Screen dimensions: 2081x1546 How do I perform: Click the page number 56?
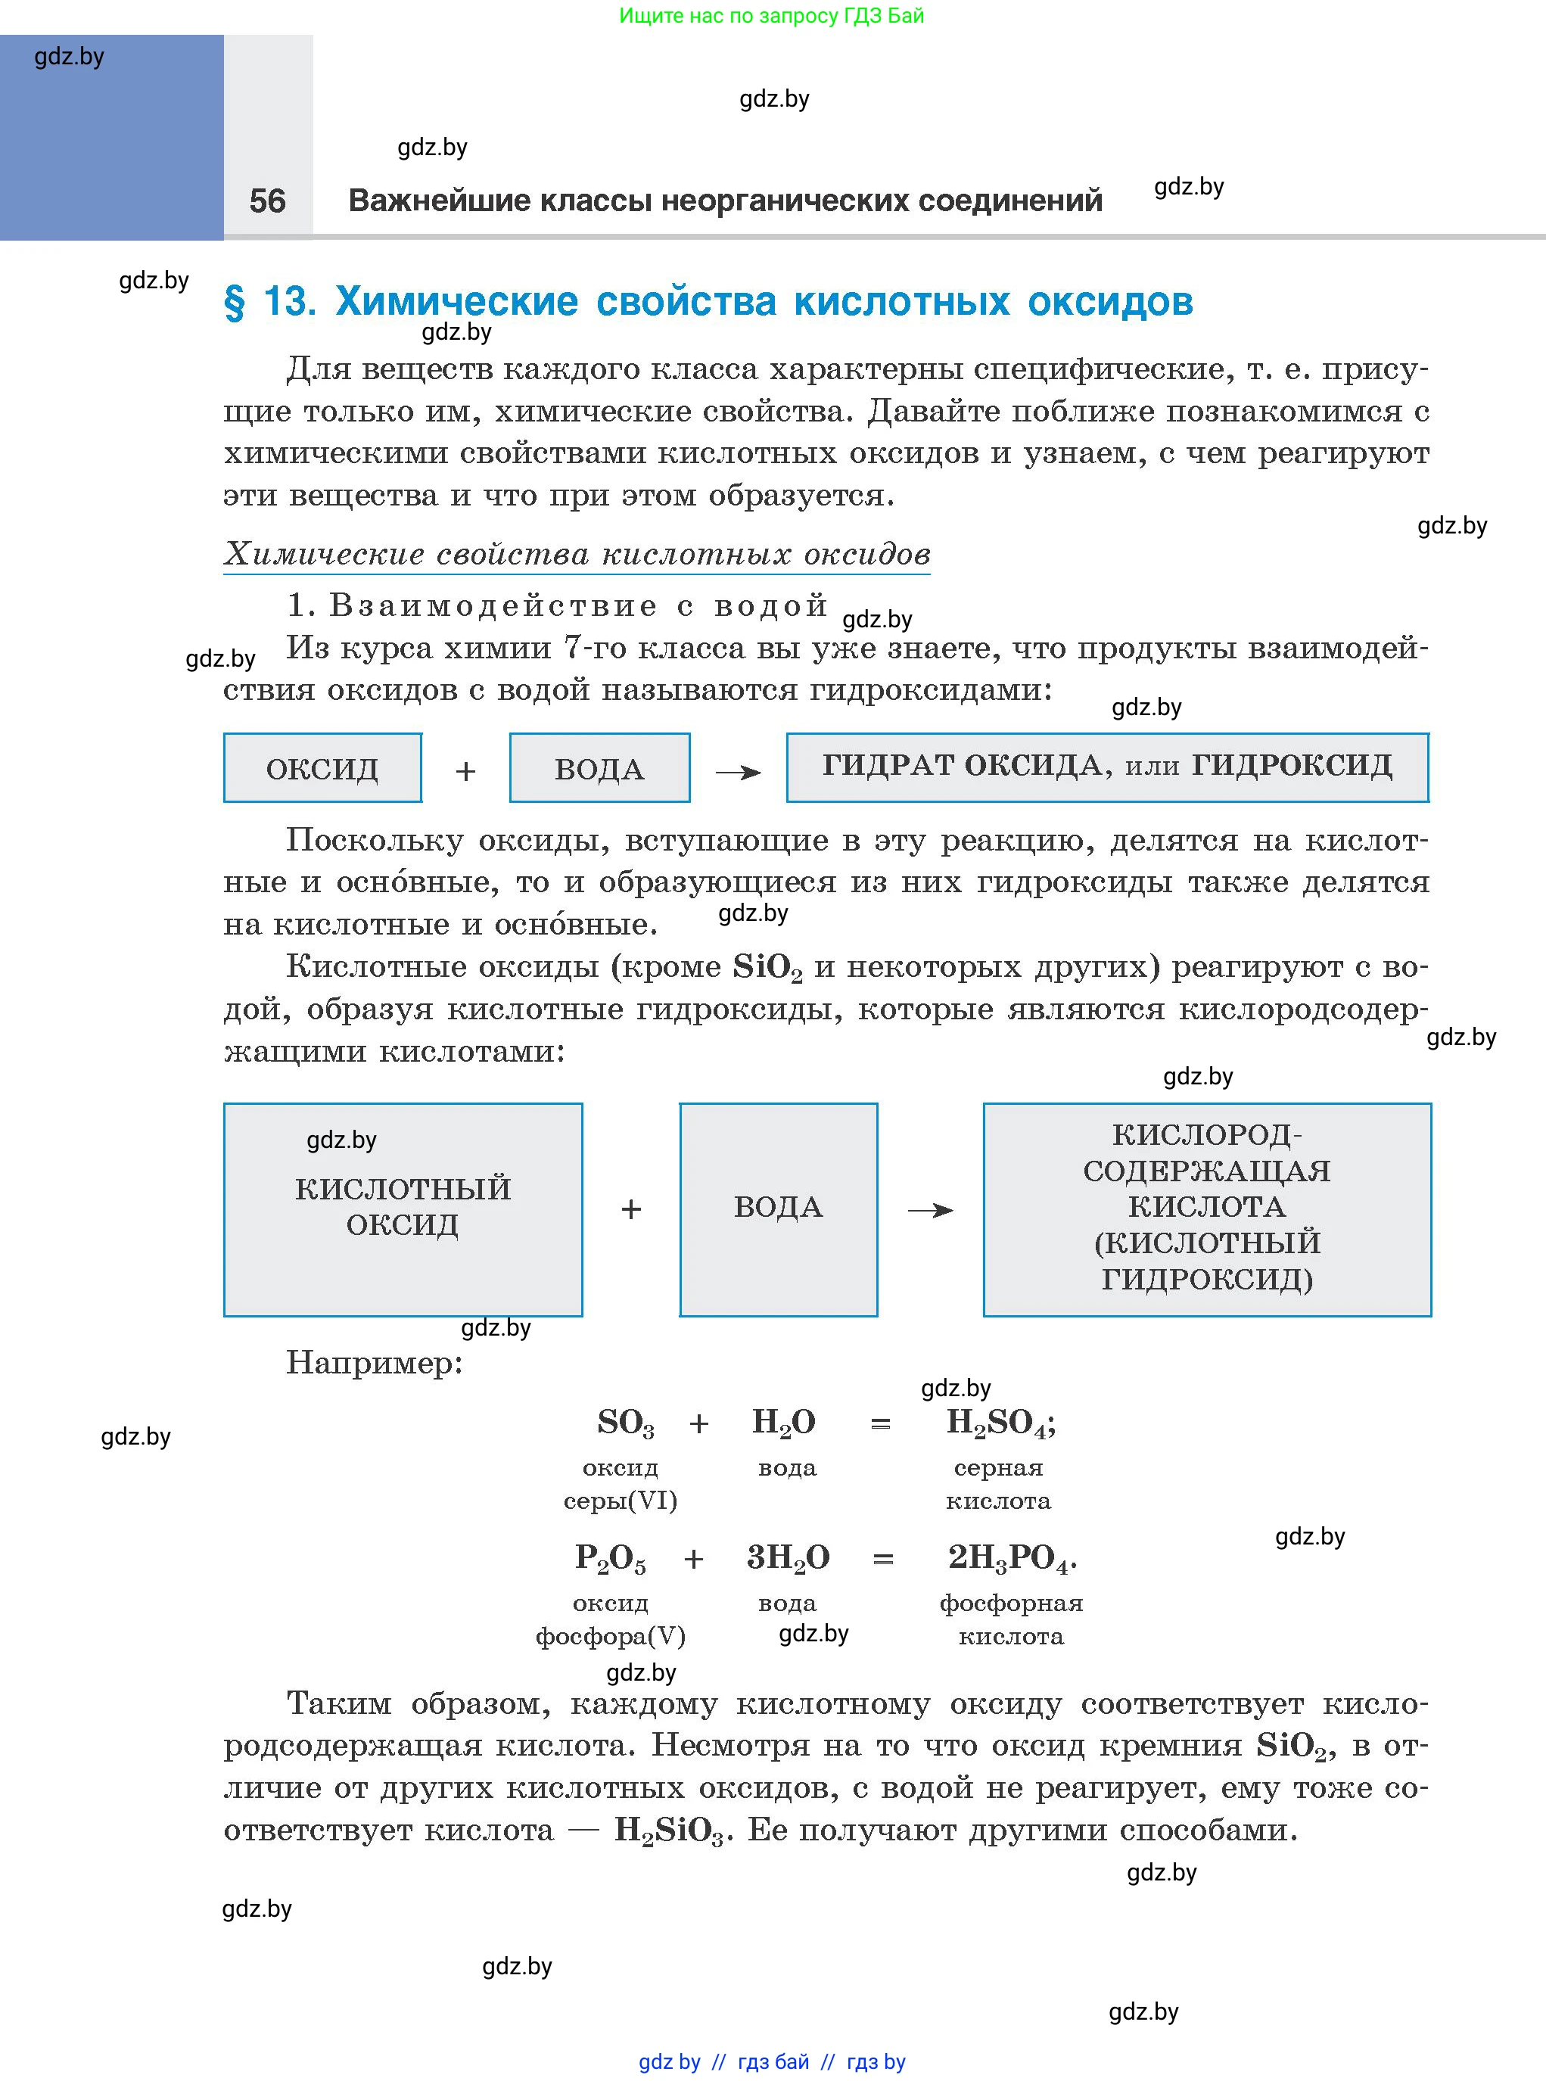[268, 201]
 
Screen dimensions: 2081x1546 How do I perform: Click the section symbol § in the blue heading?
[234, 302]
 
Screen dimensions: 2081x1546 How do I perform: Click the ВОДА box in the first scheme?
[599, 768]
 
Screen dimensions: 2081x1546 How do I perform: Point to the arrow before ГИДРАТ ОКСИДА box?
[739, 772]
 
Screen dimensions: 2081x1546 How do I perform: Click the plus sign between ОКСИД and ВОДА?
[465, 771]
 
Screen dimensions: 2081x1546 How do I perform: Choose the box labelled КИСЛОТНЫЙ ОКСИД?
[403, 1209]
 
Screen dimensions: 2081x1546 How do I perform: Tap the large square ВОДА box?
[778, 1209]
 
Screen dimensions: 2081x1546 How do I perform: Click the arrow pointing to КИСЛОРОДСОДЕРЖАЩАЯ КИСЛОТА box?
[930, 1211]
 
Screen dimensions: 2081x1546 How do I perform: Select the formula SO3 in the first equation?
[625, 1423]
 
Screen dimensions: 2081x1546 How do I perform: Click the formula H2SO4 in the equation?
[1000, 1423]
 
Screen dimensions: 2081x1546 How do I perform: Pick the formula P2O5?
[609, 1558]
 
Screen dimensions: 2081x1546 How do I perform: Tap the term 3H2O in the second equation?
[787, 1558]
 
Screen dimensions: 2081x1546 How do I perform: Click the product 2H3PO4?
[1011, 1558]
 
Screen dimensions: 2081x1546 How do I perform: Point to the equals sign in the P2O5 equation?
[882, 1560]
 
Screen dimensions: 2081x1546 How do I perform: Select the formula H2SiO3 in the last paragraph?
[668, 1831]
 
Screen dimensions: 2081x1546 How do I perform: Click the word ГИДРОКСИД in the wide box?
[1292, 765]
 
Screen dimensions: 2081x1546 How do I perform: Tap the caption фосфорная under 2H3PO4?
[1011, 1603]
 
